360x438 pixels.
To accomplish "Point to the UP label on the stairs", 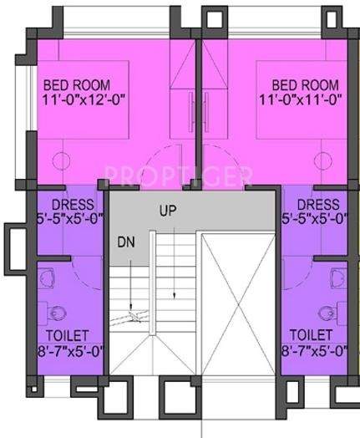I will (x=169, y=211).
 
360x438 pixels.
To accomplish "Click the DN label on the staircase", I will (x=127, y=242).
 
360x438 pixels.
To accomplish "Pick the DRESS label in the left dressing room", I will (x=71, y=205).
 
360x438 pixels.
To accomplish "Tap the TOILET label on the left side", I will (x=66, y=336).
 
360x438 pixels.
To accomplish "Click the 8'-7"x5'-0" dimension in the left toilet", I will (x=69, y=352).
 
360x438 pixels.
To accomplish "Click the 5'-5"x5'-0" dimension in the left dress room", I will (x=71, y=220).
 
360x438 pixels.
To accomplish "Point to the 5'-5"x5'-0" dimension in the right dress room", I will (x=316, y=220).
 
